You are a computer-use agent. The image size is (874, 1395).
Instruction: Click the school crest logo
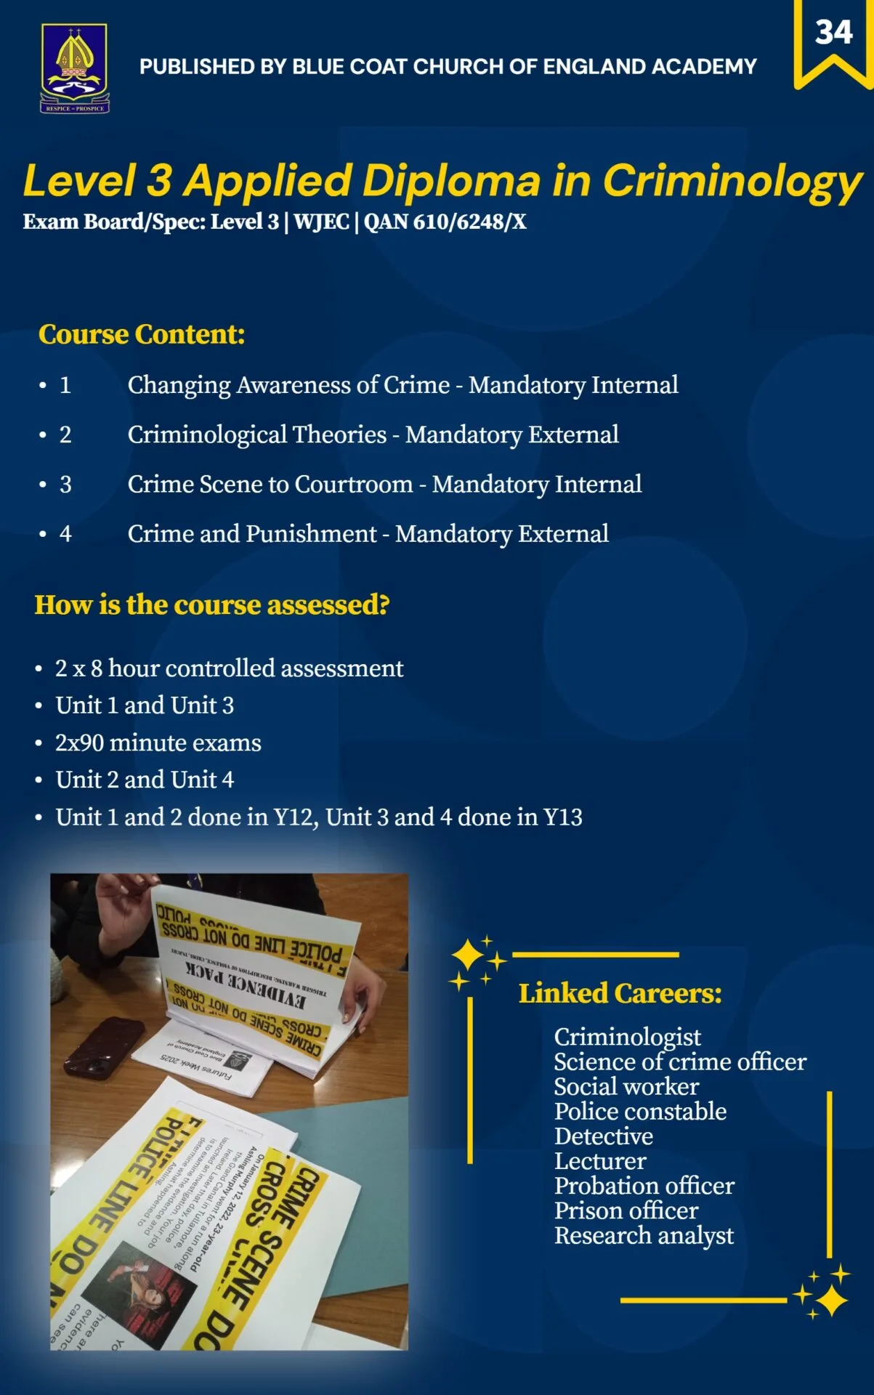click(x=74, y=68)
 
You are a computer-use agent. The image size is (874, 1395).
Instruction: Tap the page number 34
click(x=833, y=33)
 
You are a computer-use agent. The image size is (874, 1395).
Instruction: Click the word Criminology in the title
click(x=732, y=181)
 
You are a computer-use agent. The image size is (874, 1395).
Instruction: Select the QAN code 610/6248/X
click(x=445, y=222)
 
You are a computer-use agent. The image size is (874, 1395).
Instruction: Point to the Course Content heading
click(x=142, y=334)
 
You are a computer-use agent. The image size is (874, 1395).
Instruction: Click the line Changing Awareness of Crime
click(x=402, y=385)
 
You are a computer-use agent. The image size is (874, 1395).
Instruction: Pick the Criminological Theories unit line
click(x=373, y=434)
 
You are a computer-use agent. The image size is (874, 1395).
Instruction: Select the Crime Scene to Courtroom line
click(x=384, y=484)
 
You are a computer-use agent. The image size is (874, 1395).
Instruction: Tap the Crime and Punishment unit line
click(x=368, y=534)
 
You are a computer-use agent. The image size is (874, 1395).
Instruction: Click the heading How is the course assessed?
click(x=212, y=604)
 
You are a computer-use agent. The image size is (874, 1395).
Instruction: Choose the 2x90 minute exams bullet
click(x=158, y=743)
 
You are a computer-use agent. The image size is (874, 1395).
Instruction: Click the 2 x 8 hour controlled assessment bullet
click(x=229, y=668)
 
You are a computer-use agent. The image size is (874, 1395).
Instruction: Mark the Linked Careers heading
click(x=620, y=993)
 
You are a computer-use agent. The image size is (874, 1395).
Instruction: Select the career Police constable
click(x=640, y=1111)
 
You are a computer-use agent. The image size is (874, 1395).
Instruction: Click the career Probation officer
click(x=644, y=1186)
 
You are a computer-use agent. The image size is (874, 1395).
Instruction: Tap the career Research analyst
click(x=644, y=1235)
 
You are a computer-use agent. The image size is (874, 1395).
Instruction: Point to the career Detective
click(x=603, y=1136)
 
